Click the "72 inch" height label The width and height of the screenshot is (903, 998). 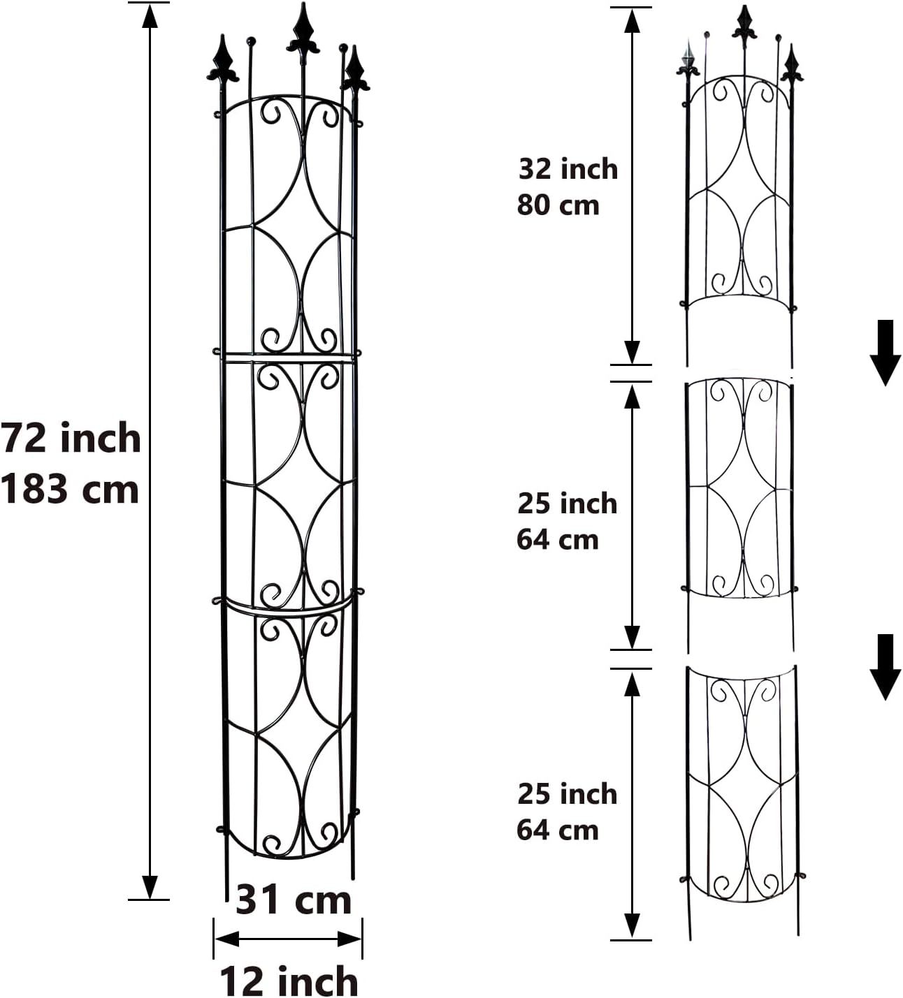[x=71, y=438]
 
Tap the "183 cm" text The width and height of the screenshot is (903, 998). [x=70, y=488]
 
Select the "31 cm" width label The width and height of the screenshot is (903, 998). [x=293, y=900]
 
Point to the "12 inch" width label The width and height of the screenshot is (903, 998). [x=289, y=981]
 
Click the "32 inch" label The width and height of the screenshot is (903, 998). [x=568, y=169]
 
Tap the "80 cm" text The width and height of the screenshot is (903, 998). [x=558, y=205]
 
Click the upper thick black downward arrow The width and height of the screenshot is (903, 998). [x=885, y=353]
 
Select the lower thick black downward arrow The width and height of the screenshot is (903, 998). [x=885, y=666]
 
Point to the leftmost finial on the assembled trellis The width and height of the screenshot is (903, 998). [x=223, y=60]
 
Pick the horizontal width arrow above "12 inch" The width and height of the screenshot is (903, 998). [x=288, y=939]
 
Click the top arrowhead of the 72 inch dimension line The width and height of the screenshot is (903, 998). [x=149, y=15]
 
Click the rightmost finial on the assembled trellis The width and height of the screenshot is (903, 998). [x=355, y=71]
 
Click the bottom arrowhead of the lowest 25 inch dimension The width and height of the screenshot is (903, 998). [x=632, y=926]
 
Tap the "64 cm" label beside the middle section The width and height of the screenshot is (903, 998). [x=557, y=540]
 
